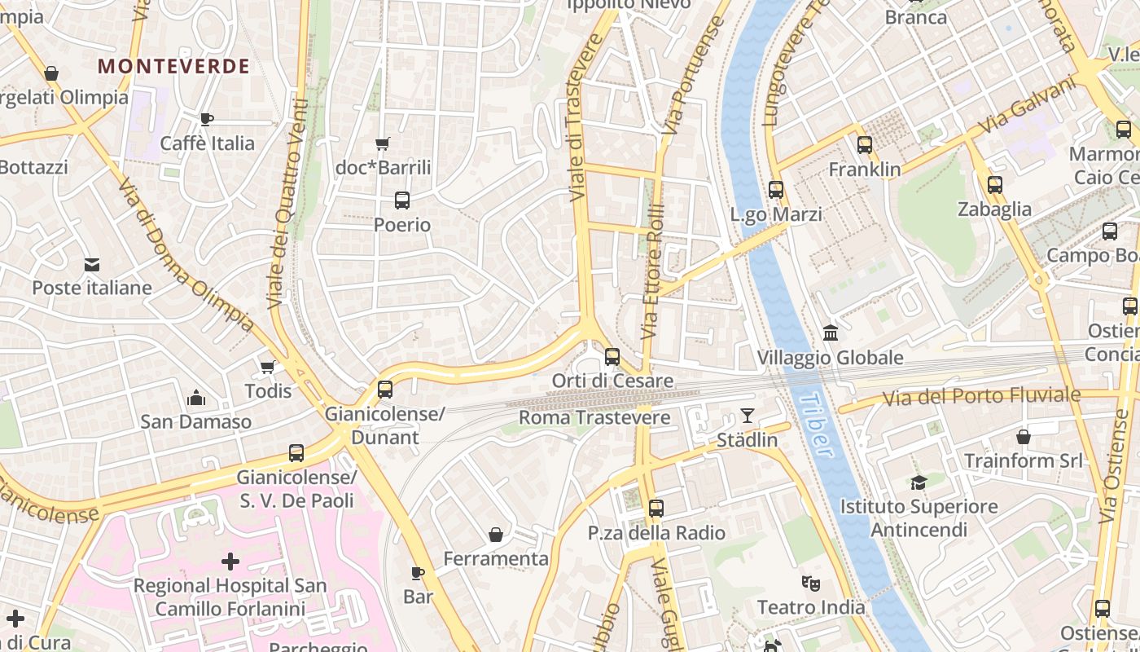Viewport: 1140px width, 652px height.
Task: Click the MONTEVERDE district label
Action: coord(173,66)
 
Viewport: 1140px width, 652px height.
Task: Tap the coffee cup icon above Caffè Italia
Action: coord(207,119)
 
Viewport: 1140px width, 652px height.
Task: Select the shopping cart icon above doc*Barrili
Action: coord(383,144)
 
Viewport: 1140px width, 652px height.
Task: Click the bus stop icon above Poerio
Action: coord(401,200)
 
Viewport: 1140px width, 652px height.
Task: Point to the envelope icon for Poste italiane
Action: coord(91,264)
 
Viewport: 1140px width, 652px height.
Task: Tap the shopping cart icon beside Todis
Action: coord(267,368)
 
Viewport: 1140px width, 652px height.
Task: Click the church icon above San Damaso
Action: coord(195,398)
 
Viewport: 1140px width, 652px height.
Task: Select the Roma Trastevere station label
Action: coord(594,418)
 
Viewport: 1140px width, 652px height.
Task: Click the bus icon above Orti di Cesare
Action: coord(612,356)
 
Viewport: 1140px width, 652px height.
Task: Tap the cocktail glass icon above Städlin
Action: coord(747,416)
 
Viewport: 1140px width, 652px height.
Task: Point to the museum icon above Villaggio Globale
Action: coord(831,333)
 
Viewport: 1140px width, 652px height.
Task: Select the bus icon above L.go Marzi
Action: coord(776,190)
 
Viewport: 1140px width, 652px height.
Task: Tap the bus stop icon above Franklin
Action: coord(865,145)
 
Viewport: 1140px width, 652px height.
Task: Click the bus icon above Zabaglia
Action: coord(994,185)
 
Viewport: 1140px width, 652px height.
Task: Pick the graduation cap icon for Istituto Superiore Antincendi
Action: coord(919,482)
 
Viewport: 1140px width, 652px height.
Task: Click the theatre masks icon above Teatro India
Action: coord(810,584)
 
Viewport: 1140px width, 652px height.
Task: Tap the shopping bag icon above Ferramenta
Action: coord(495,535)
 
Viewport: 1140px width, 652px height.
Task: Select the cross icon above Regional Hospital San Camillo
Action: coord(230,561)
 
